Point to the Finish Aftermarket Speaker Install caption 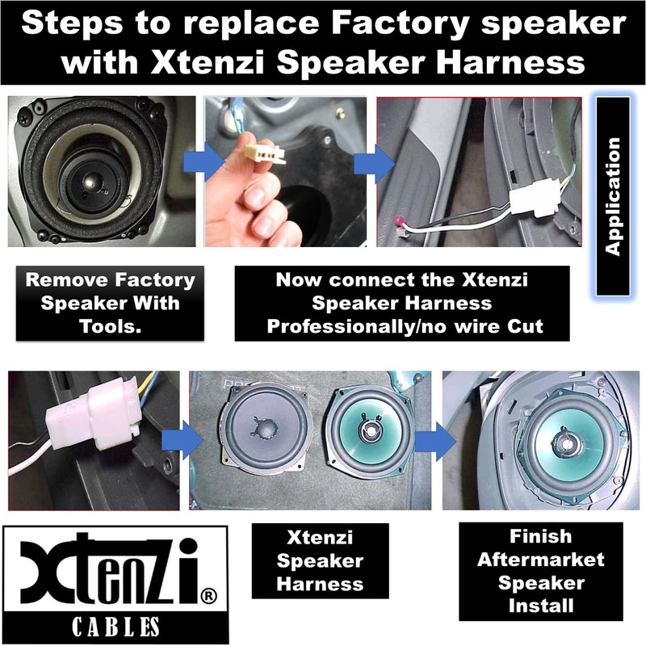coord(540,570)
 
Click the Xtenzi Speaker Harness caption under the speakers coord(320,560)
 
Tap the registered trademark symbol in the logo coord(207,596)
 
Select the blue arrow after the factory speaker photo coord(210,162)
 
